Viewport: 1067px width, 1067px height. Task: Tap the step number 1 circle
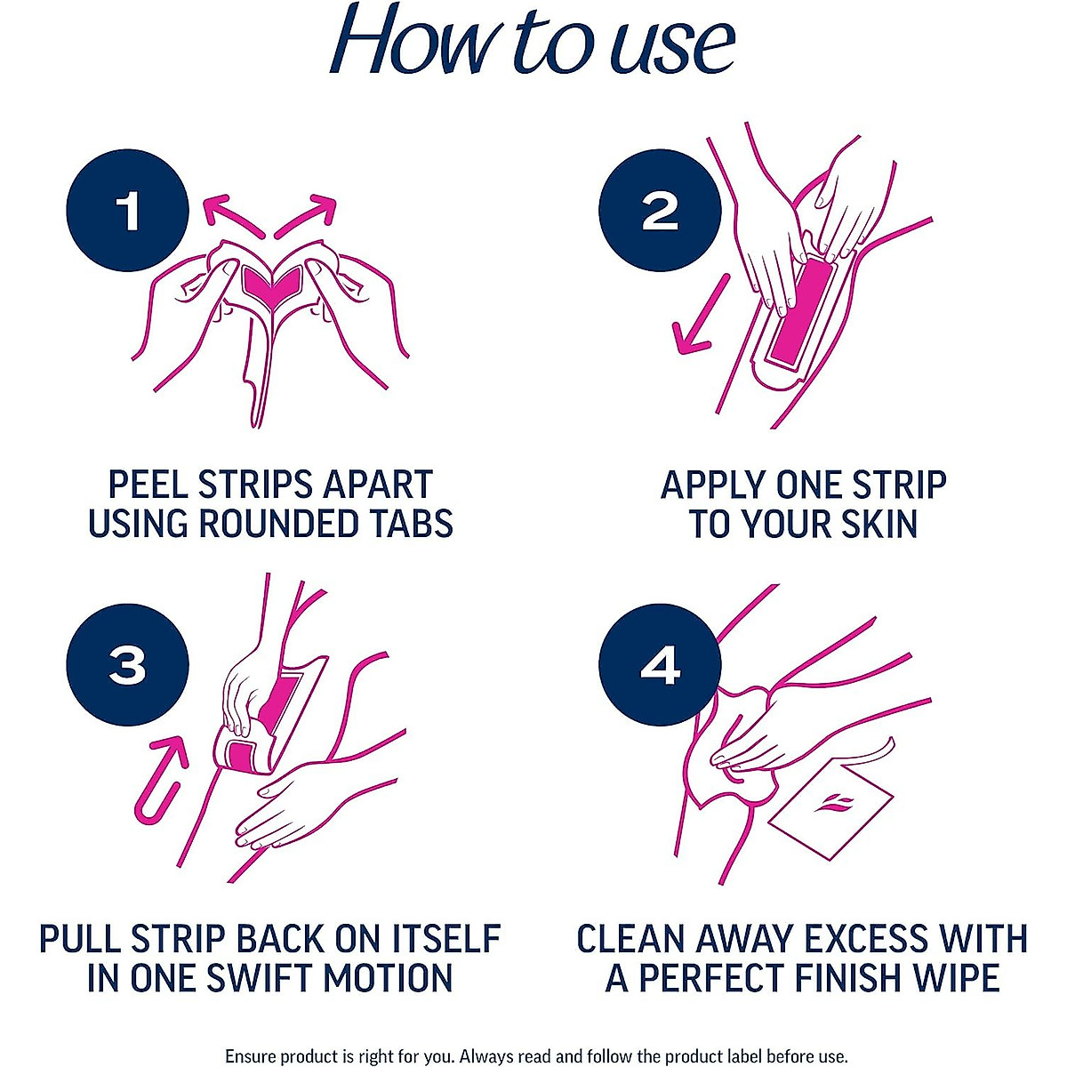pyautogui.click(x=128, y=212)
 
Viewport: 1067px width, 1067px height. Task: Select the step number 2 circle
pyautogui.click(x=659, y=212)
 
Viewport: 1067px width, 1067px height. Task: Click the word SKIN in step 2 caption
pyautogui.click(x=877, y=524)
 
